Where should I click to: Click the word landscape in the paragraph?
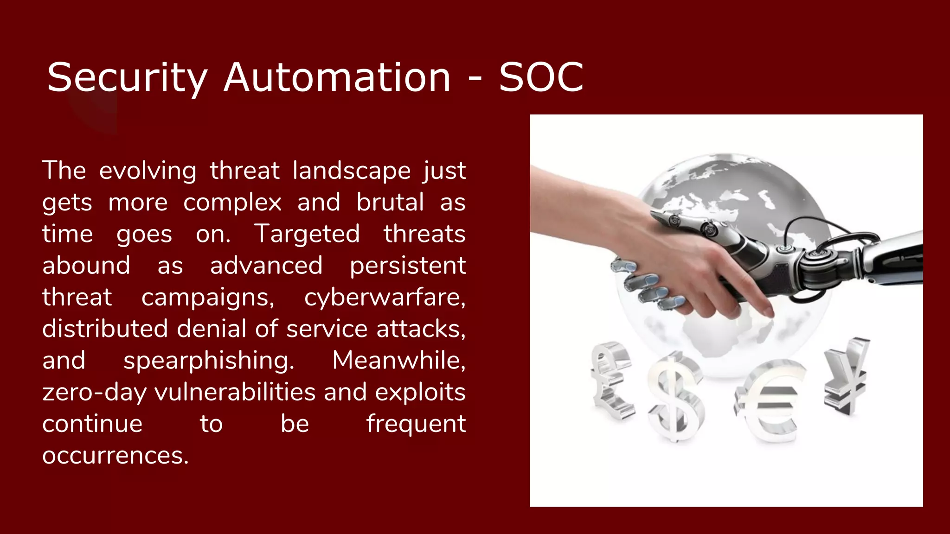click(x=352, y=171)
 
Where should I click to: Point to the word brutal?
click(x=390, y=203)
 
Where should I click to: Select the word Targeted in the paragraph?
click(x=307, y=234)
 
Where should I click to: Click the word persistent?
click(x=408, y=266)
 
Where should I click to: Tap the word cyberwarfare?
click(x=385, y=297)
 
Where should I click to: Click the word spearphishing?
click(x=209, y=361)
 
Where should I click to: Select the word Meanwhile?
click(x=399, y=360)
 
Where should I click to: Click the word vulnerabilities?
click(x=235, y=392)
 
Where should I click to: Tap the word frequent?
click(x=416, y=424)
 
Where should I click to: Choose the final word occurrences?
click(x=116, y=456)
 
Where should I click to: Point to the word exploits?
click(x=420, y=393)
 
